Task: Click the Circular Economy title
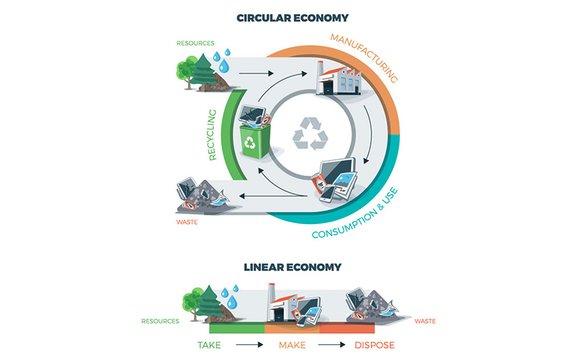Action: point(287,17)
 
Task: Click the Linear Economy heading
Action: point(287,267)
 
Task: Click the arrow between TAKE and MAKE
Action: point(248,344)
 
